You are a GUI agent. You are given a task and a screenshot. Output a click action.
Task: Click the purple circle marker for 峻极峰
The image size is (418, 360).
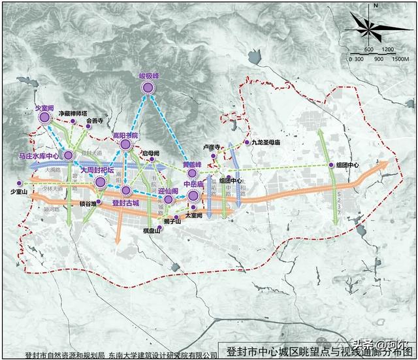tap(148, 88)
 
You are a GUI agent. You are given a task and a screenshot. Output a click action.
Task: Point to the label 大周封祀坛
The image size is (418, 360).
tap(97, 170)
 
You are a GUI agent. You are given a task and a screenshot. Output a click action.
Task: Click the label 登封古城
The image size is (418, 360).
tap(127, 203)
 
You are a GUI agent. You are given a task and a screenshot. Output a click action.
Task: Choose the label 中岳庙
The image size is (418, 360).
tap(194, 185)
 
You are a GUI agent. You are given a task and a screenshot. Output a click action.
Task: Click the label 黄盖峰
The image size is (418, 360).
tap(191, 165)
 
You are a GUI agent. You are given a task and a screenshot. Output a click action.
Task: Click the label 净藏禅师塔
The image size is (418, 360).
tap(73, 113)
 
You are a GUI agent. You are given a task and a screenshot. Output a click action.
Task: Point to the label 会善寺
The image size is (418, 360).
tap(94, 121)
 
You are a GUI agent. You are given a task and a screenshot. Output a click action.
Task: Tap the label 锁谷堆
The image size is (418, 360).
tap(87, 203)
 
